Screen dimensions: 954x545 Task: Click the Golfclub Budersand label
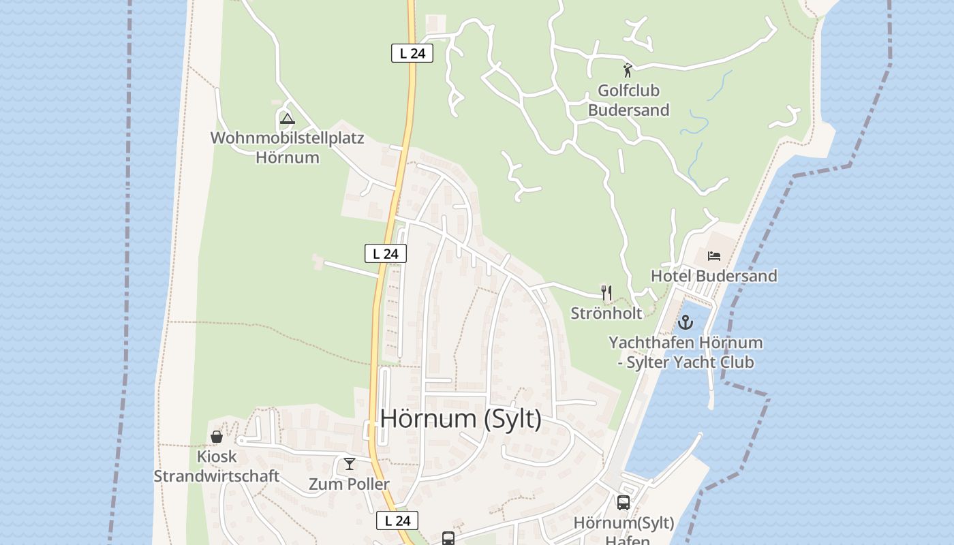point(628,100)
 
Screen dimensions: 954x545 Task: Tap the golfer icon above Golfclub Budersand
point(628,69)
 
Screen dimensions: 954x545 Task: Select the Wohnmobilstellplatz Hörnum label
point(287,147)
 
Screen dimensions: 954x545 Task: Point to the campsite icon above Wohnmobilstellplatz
point(287,119)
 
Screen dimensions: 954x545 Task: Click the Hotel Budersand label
point(713,276)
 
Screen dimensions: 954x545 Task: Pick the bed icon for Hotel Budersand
point(713,256)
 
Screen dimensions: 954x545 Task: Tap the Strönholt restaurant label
point(606,313)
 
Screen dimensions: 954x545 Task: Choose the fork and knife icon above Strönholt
point(606,293)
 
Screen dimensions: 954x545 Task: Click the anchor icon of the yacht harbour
point(685,322)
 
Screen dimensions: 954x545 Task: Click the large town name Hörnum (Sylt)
point(461,418)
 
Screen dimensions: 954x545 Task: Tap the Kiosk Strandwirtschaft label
point(216,466)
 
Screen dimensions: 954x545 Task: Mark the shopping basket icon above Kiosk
point(217,437)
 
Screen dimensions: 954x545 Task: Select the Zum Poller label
point(349,484)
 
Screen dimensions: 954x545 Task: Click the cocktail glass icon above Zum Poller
point(350,464)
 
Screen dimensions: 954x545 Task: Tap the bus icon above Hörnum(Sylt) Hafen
point(623,503)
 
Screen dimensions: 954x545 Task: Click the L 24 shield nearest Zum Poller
point(397,520)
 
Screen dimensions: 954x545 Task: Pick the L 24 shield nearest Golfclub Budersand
point(412,53)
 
